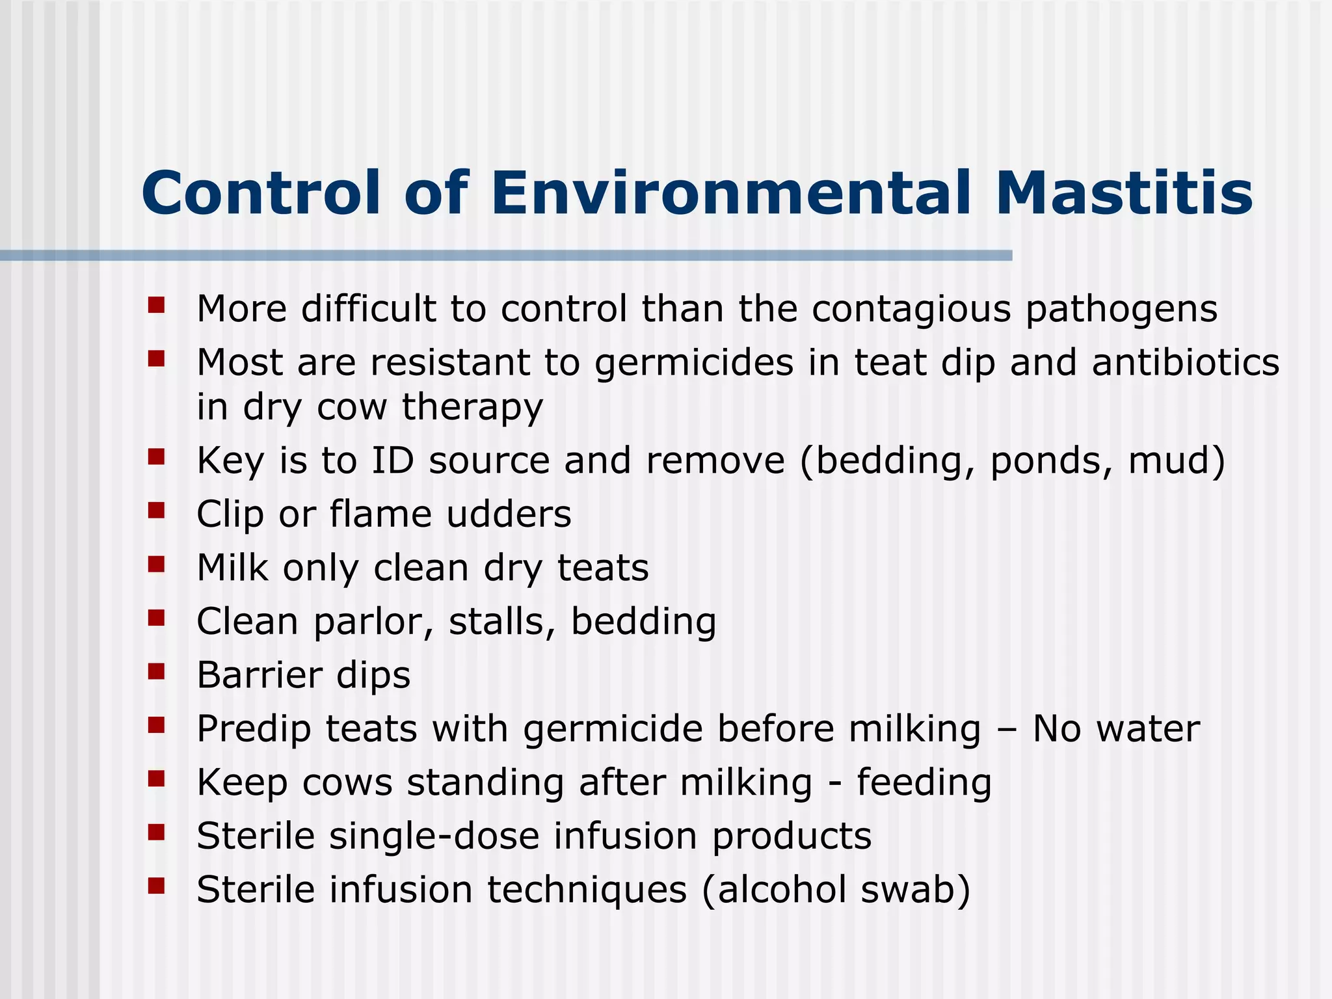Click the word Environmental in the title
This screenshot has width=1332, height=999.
(730, 193)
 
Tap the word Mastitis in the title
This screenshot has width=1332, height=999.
(1123, 193)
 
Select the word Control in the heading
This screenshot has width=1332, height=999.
(260, 193)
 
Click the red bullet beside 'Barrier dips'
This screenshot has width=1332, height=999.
(156, 671)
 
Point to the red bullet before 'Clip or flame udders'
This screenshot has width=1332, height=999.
(156, 511)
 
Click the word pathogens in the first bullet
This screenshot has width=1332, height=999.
(1121, 310)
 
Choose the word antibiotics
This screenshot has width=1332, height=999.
(1185, 362)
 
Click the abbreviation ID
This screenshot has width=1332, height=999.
(392, 460)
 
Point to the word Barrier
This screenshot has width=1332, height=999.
(259, 675)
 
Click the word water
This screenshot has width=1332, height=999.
(1148, 728)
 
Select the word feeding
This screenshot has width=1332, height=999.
(924, 782)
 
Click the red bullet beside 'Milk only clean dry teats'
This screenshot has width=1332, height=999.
(156, 564)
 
